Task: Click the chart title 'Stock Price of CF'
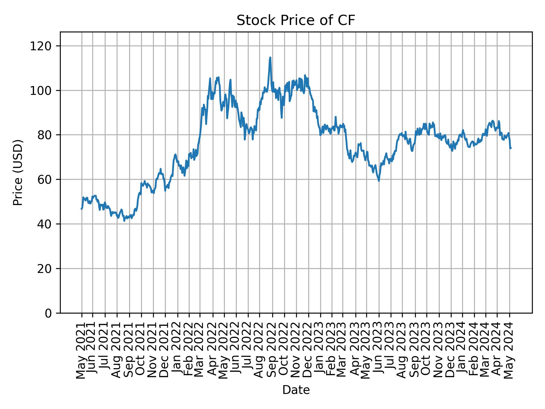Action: [x=296, y=21]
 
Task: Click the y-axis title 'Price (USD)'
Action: [x=18, y=172]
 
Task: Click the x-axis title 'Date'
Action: [x=296, y=390]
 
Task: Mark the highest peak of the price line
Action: [x=270, y=57]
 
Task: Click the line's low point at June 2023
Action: [x=379, y=181]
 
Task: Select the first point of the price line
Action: [x=82, y=209]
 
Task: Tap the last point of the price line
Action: [x=511, y=148]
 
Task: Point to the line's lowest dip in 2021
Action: [x=124, y=221]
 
